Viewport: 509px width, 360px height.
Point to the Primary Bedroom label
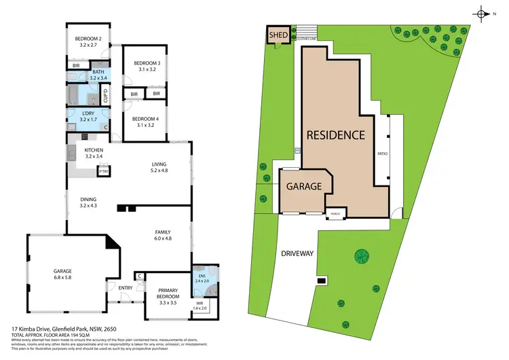coord(163,296)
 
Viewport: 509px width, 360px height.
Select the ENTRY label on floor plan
coord(126,288)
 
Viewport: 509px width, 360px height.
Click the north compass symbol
coord(481,14)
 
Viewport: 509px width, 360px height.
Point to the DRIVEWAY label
coord(296,253)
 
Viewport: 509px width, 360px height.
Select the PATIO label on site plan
coord(382,154)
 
